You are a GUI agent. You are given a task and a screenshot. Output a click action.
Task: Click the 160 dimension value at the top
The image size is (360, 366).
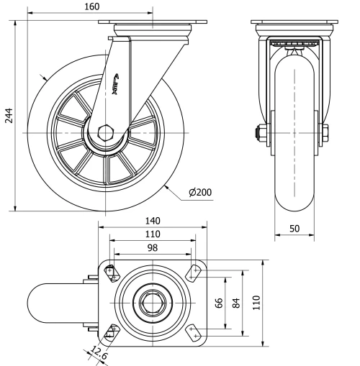(x=91, y=6)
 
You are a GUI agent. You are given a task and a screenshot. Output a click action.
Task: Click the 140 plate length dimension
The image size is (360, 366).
(x=152, y=221)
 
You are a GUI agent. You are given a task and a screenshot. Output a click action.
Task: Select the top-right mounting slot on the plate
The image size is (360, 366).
(x=193, y=272)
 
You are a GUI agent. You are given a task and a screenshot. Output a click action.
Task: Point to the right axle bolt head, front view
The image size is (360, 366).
(x=325, y=133)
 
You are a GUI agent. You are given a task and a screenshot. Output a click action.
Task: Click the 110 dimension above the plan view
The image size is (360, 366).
(x=152, y=234)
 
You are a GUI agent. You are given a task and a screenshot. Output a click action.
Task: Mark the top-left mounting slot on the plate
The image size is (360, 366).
(x=112, y=272)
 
